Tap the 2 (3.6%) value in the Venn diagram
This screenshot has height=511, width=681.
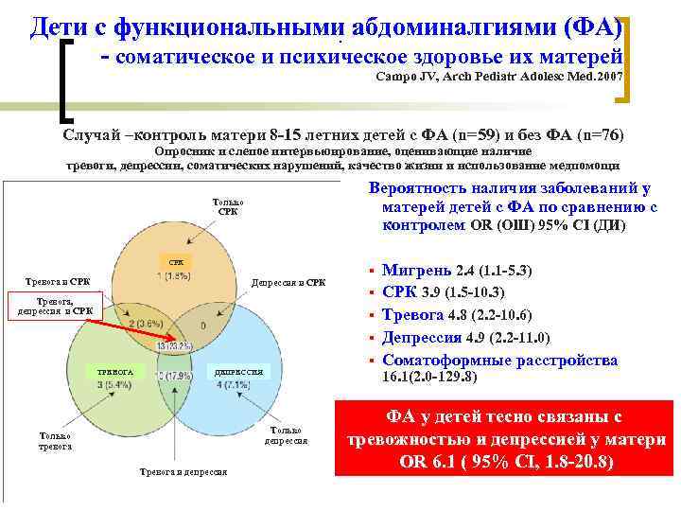coord(148,324)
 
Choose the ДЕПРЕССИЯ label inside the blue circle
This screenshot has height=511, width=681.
coord(237,372)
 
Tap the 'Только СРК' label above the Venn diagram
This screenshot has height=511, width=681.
coord(228,206)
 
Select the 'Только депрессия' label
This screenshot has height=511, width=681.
coord(284,434)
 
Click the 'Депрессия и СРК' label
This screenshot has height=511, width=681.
coord(288,282)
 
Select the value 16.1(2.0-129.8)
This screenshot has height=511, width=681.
coord(429,377)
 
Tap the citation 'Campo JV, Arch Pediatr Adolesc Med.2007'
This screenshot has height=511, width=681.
coord(500,76)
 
